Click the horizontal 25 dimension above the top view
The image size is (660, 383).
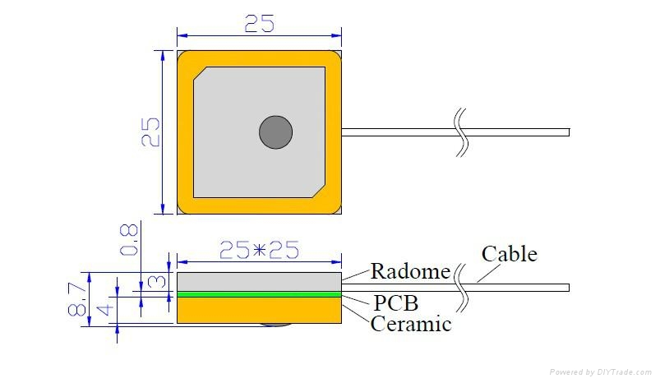[259, 24]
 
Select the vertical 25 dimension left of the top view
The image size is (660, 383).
[150, 132]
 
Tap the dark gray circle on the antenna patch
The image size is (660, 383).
[275, 132]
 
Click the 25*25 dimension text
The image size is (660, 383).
[259, 250]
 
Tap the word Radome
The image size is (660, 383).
[410, 271]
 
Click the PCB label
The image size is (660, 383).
[395, 302]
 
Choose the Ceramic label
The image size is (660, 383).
[411, 324]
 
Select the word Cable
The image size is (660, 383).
[509, 254]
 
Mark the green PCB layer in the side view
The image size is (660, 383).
[259, 293]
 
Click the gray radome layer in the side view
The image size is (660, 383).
[259, 281]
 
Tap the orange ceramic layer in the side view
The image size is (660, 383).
[259, 309]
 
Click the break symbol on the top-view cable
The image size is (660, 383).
[462, 132]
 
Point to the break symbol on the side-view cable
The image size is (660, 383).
[462, 287]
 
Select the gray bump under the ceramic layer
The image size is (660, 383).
[275, 324]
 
